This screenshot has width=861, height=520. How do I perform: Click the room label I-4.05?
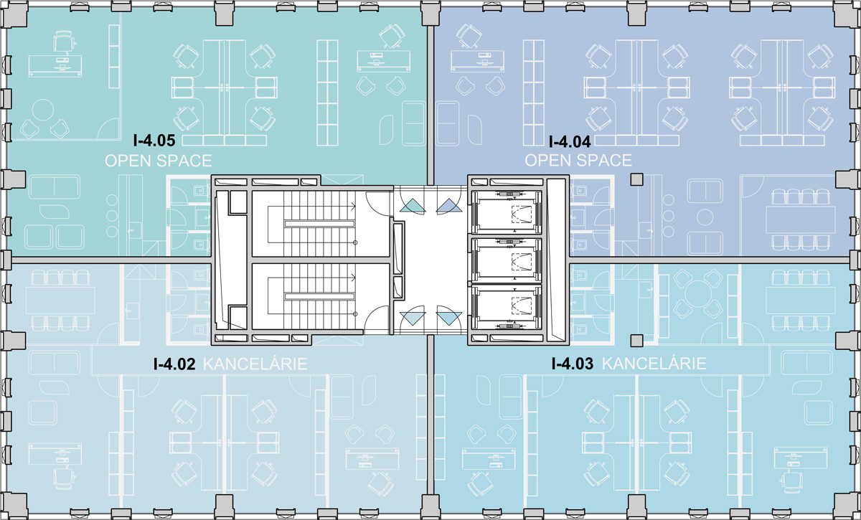tap(154, 141)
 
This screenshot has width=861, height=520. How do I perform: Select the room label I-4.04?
tap(570, 142)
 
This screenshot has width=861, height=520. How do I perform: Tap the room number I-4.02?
tap(174, 364)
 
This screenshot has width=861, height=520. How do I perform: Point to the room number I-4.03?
tap(573, 364)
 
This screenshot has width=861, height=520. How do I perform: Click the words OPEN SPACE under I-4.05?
tap(159, 161)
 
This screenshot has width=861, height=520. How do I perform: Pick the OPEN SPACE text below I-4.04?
tap(578, 160)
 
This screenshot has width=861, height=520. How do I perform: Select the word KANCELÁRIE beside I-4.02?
tap(255, 364)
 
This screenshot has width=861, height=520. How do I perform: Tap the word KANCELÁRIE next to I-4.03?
tap(654, 364)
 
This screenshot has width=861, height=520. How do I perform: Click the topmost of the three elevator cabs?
tap(507, 212)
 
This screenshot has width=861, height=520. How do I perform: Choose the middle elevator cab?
tap(507, 260)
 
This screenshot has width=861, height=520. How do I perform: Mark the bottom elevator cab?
tap(507, 308)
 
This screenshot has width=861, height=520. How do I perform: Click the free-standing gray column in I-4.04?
tap(637, 179)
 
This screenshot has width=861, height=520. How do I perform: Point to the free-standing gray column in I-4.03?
tap(637, 341)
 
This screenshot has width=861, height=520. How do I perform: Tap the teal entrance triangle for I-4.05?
tap(413, 206)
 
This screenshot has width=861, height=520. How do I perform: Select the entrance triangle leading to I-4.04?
tap(449, 206)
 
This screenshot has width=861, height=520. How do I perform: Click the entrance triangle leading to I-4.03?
tap(449, 318)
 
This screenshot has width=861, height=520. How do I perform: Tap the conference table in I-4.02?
tap(60, 300)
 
